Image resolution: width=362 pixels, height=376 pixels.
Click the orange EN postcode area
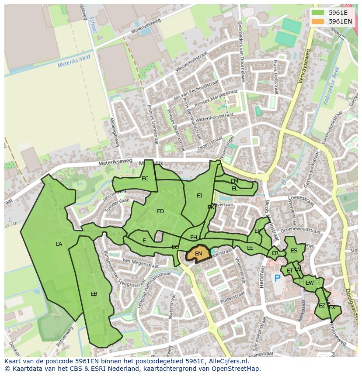click(x=198, y=254)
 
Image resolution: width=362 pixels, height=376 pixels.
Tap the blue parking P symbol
click(x=277, y=278)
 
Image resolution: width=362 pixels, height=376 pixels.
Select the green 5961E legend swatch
click(x=318, y=12)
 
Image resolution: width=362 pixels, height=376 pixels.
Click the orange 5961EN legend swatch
click(x=318, y=21)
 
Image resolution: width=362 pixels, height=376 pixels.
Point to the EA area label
click(x=59, y=244)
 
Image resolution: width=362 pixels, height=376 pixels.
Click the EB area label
click(x=94, y=294)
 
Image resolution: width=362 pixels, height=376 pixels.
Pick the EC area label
click(x=145, y=178)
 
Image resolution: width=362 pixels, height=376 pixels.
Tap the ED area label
click(x=160, y=211)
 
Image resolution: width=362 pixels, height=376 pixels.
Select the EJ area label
click(x=199, y=195)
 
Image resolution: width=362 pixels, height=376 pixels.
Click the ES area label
click(x=294, y=251)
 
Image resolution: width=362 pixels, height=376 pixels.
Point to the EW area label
click(x=309, y=283)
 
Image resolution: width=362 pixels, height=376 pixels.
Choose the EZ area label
click(x=322, y=306)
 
